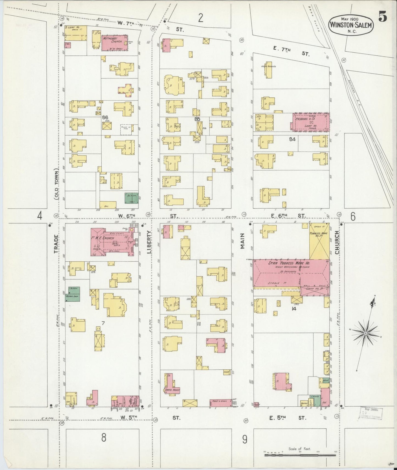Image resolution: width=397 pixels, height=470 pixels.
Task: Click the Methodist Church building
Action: pos(115,43)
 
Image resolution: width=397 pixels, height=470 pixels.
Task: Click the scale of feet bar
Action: pos(300,455)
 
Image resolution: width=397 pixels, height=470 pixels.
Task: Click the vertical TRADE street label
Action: pos(56,244)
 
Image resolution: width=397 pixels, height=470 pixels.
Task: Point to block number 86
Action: pos(105,117)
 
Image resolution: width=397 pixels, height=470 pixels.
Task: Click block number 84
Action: pos(292,139)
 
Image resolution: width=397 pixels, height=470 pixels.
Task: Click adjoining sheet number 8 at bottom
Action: pos(103,438)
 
